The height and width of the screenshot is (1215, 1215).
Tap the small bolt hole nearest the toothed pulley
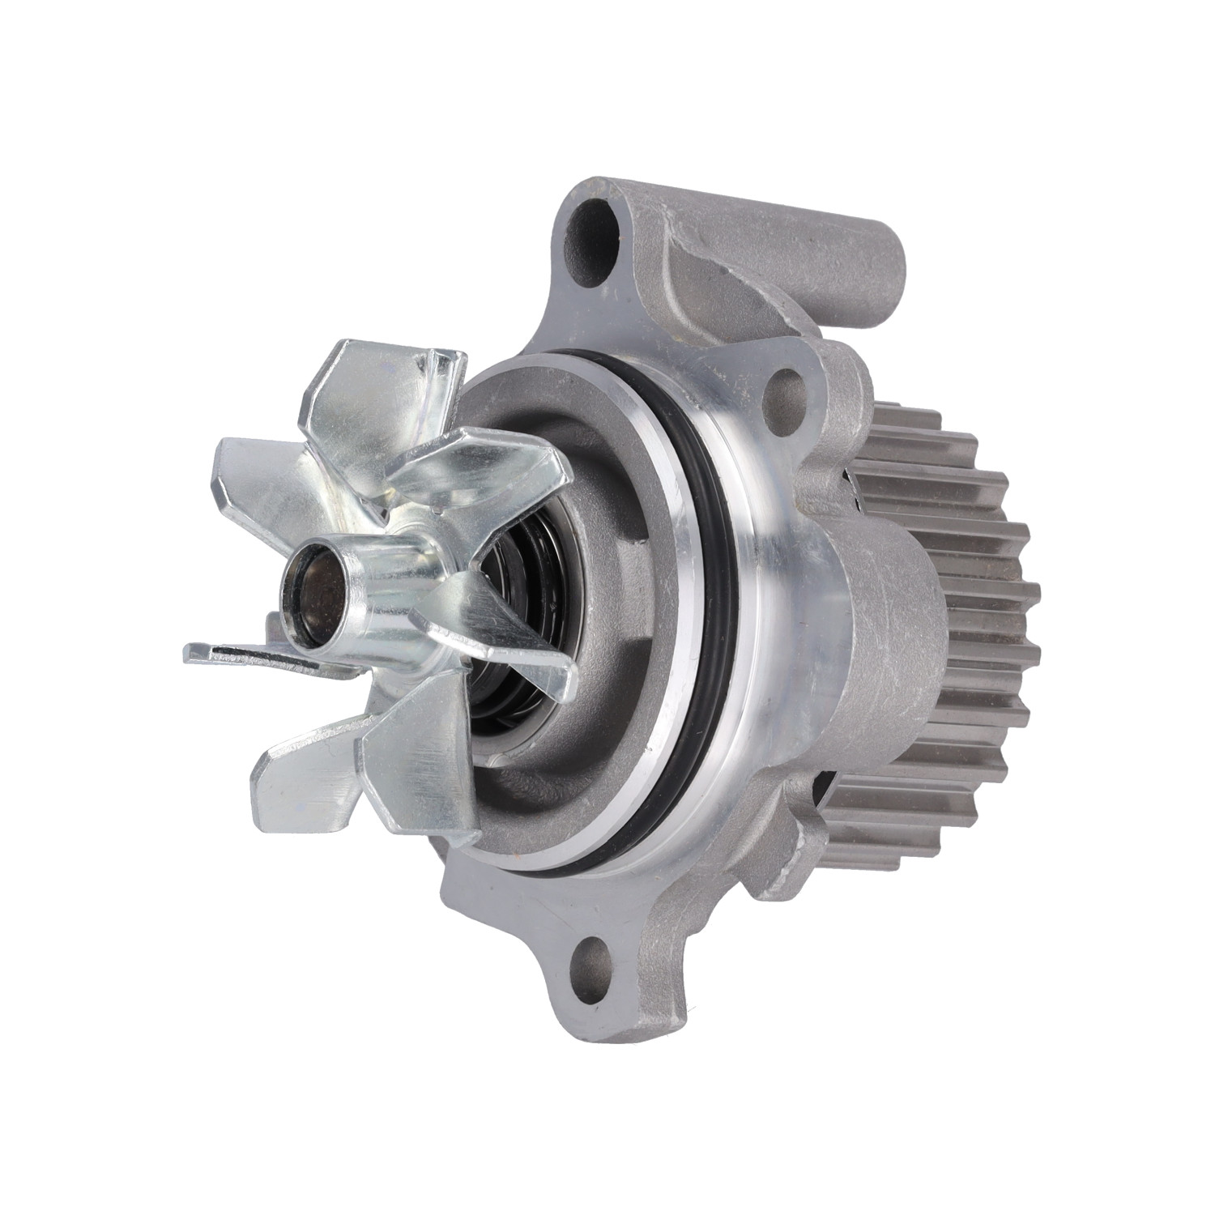point(788,382)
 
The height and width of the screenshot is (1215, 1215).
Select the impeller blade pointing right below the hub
point(518,648)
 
